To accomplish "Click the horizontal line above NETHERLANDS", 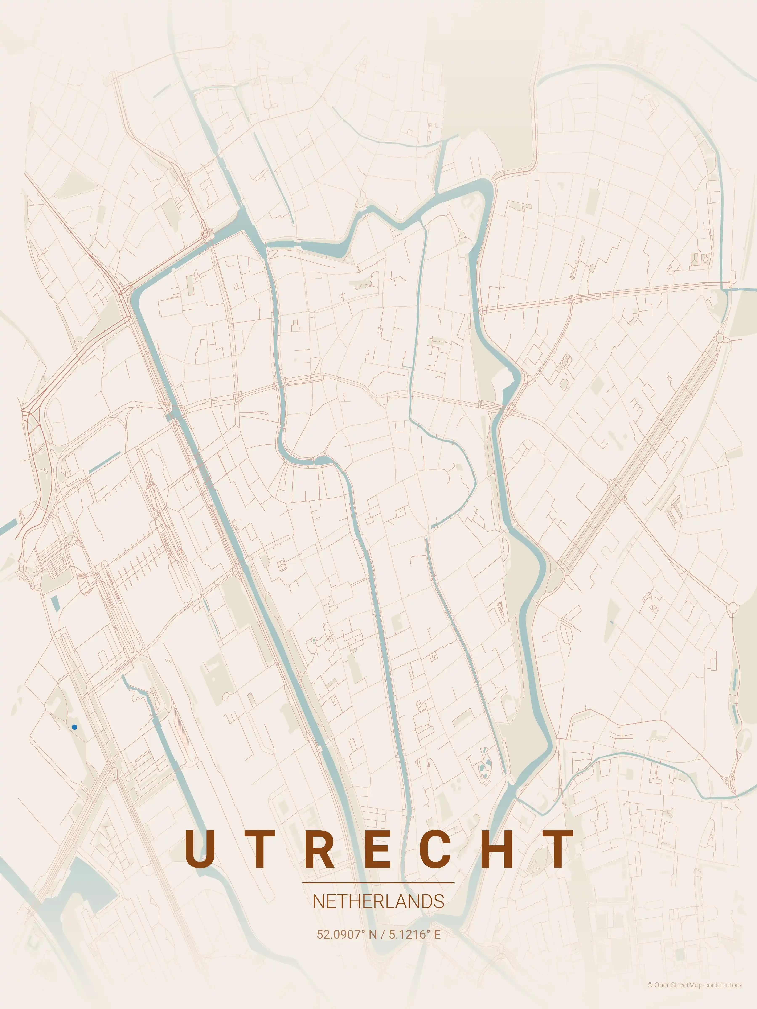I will pyautogui.click(x=378, y=883).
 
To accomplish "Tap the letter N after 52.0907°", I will pyautogui.click(x=373, y=934).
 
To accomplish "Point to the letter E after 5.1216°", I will pyautogui.click(x=437, y=934).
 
